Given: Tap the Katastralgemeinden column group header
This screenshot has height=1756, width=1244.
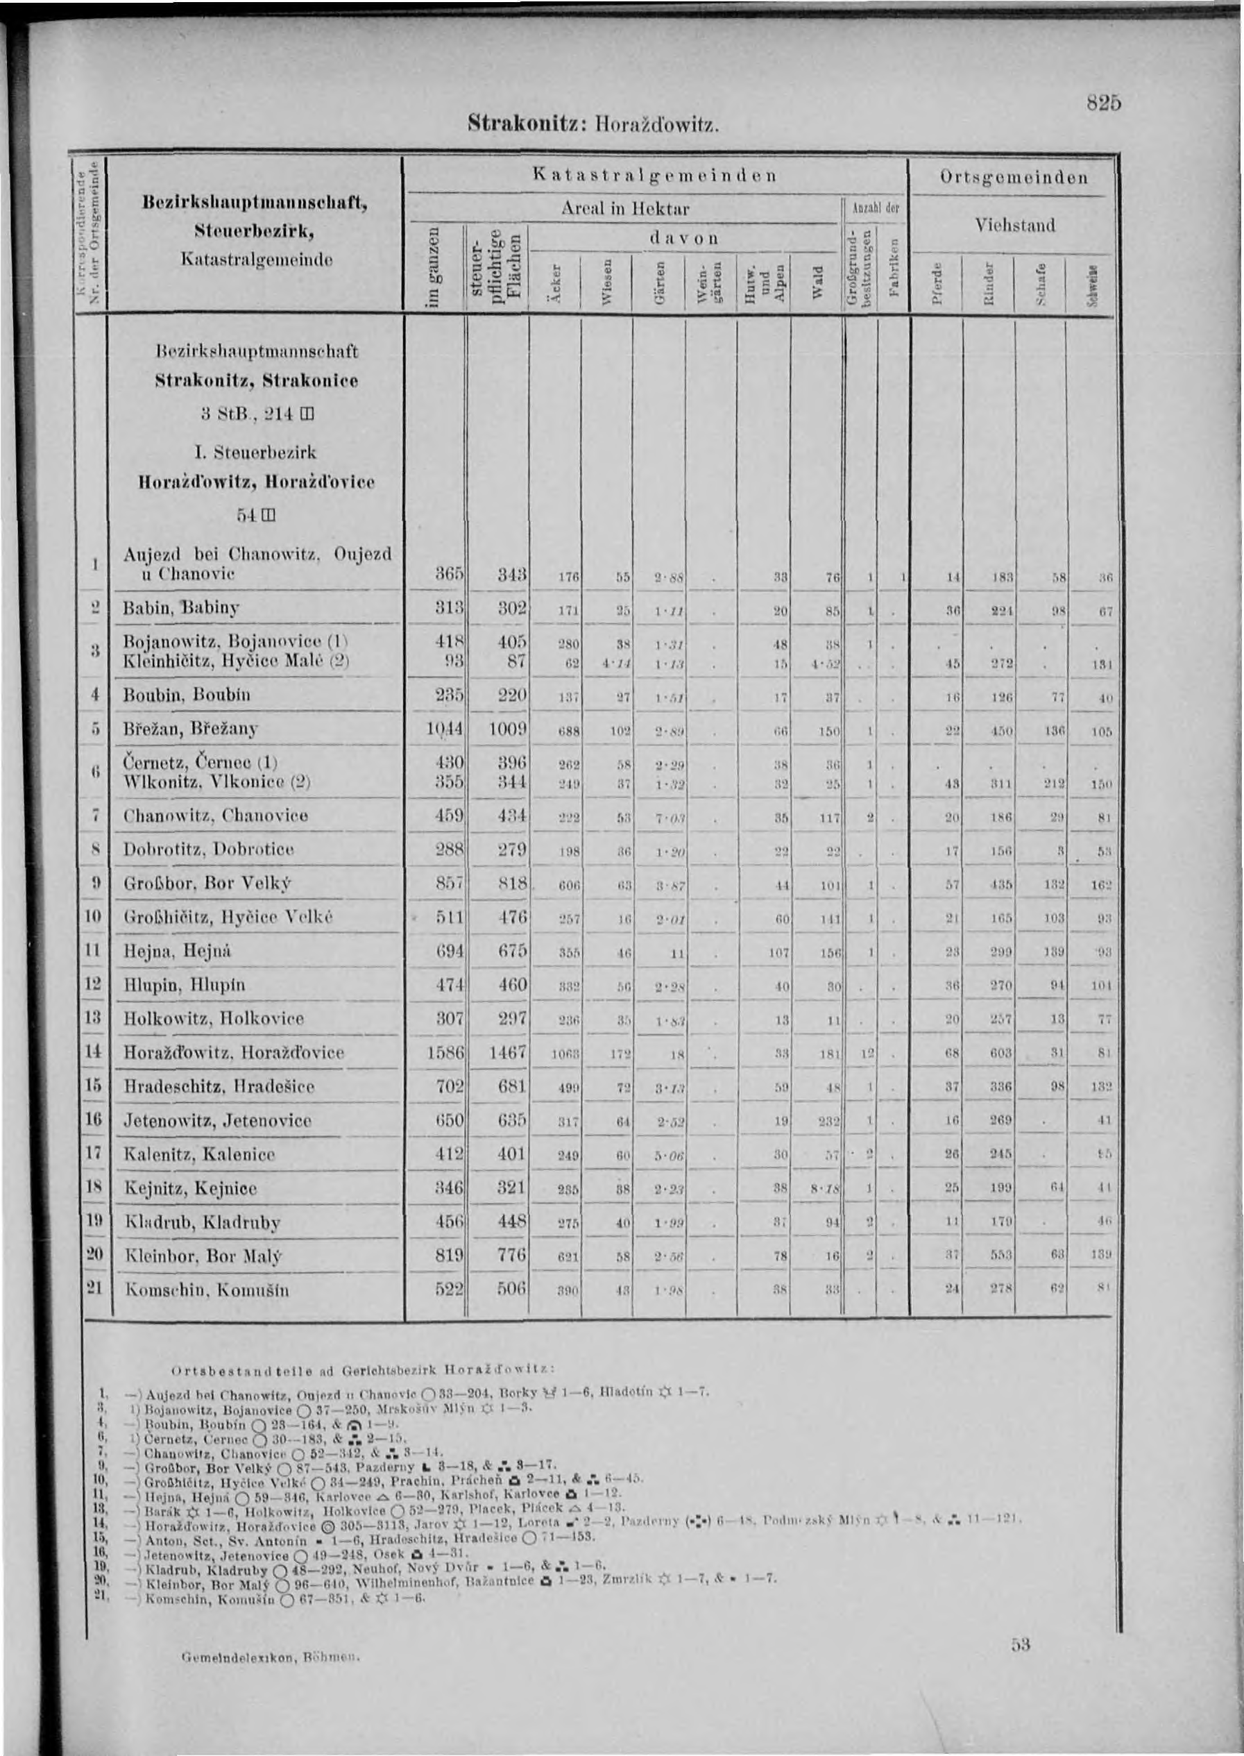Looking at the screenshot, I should pos(656,176).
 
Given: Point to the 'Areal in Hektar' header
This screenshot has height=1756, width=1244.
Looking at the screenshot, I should pos(626,208).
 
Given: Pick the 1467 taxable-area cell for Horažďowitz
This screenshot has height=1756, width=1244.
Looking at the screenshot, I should pos(508,1053).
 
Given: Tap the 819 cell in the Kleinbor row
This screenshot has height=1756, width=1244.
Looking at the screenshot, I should pos(448,1256).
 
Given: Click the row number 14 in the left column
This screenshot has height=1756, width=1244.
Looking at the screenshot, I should pos(94,1052).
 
